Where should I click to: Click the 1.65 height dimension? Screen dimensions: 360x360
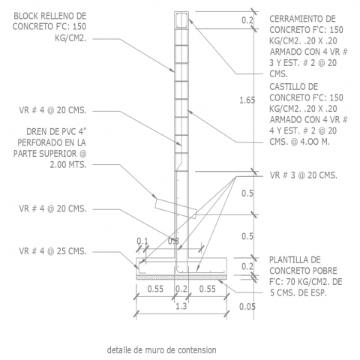click(247, 100)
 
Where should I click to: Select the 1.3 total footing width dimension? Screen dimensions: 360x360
click(181, 306)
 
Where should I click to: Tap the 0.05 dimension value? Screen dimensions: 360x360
click(247, 307)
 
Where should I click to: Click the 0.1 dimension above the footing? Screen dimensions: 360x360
click(142, 241)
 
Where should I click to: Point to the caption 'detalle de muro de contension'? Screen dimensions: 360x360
click(162, 350)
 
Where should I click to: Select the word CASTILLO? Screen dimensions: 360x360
click(294, 87)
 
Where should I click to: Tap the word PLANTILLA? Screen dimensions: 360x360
click(295, 259)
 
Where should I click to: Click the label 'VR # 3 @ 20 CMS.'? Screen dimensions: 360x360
click(304, 175)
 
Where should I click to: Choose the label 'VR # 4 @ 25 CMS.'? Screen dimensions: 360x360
click(52, 251)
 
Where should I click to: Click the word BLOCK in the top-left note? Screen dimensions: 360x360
click(26, 16)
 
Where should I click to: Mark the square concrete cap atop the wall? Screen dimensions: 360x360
click(181, 20)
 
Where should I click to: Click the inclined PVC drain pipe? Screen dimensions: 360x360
click(175, 208)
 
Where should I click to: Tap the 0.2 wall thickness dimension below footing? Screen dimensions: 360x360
click(181, 289)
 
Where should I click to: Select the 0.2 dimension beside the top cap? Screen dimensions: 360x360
click(247, 20)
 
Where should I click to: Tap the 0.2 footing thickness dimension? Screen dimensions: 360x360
click(247, 266)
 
